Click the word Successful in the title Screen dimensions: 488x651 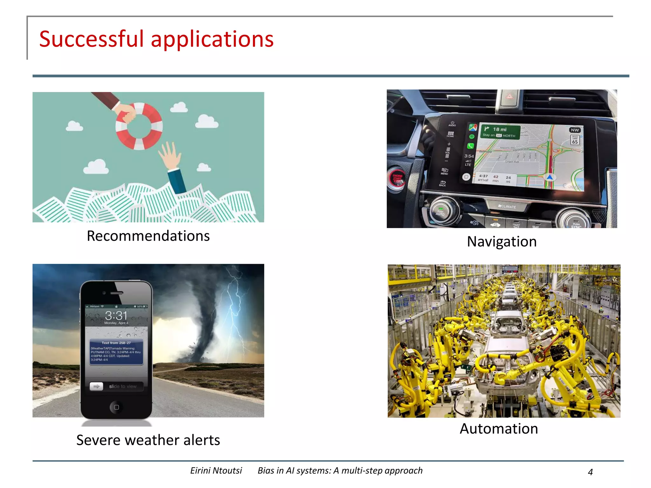point(92,39)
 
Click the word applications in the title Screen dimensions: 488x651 point(212,39)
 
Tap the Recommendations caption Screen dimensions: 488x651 point(148,236)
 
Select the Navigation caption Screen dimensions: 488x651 point(502,242)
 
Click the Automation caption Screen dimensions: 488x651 point(499,429)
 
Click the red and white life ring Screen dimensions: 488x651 point(139,126)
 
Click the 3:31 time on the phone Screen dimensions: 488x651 point(116,315)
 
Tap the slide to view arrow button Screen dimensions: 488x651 point(96,386)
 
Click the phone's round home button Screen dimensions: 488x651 point(116,407)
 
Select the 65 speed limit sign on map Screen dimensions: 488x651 point(575,140)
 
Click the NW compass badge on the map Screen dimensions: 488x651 point(575,130)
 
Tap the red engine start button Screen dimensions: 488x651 point(396,178)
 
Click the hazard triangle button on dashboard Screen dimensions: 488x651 point(510,96)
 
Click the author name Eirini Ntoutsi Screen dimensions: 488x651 point(216,471)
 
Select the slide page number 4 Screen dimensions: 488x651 point(590,472)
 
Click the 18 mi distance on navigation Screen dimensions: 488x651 point(500,129)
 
